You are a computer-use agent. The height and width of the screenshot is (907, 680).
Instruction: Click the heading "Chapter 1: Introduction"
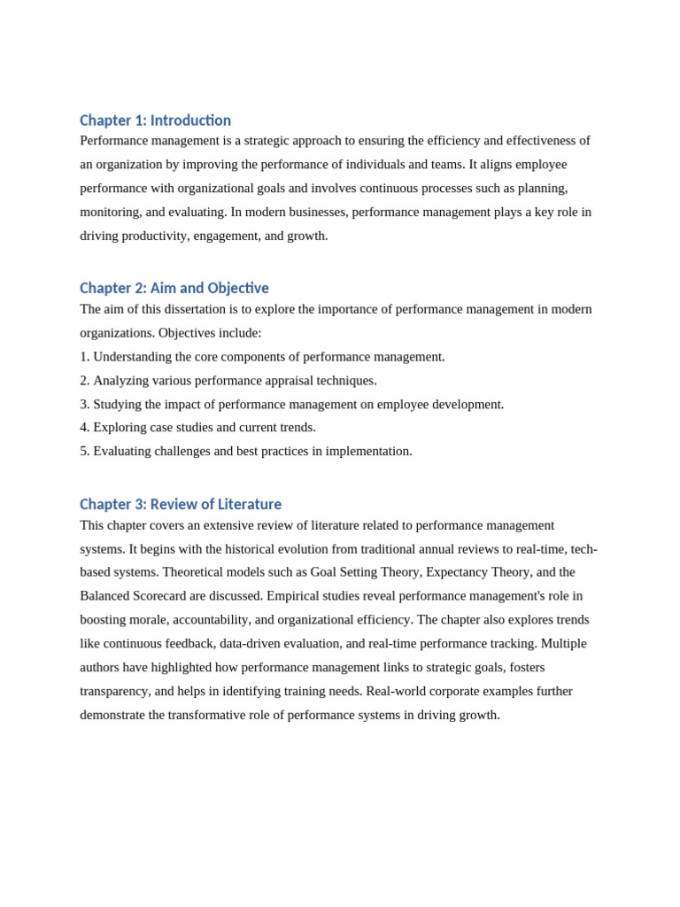[155, 120]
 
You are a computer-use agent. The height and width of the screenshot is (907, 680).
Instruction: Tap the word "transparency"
[114, 691]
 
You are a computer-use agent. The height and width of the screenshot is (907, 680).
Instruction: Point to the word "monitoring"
[110, 212]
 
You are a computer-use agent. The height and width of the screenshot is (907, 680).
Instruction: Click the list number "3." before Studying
[85, 404]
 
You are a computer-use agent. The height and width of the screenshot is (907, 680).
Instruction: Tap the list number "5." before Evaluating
[85, 451]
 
